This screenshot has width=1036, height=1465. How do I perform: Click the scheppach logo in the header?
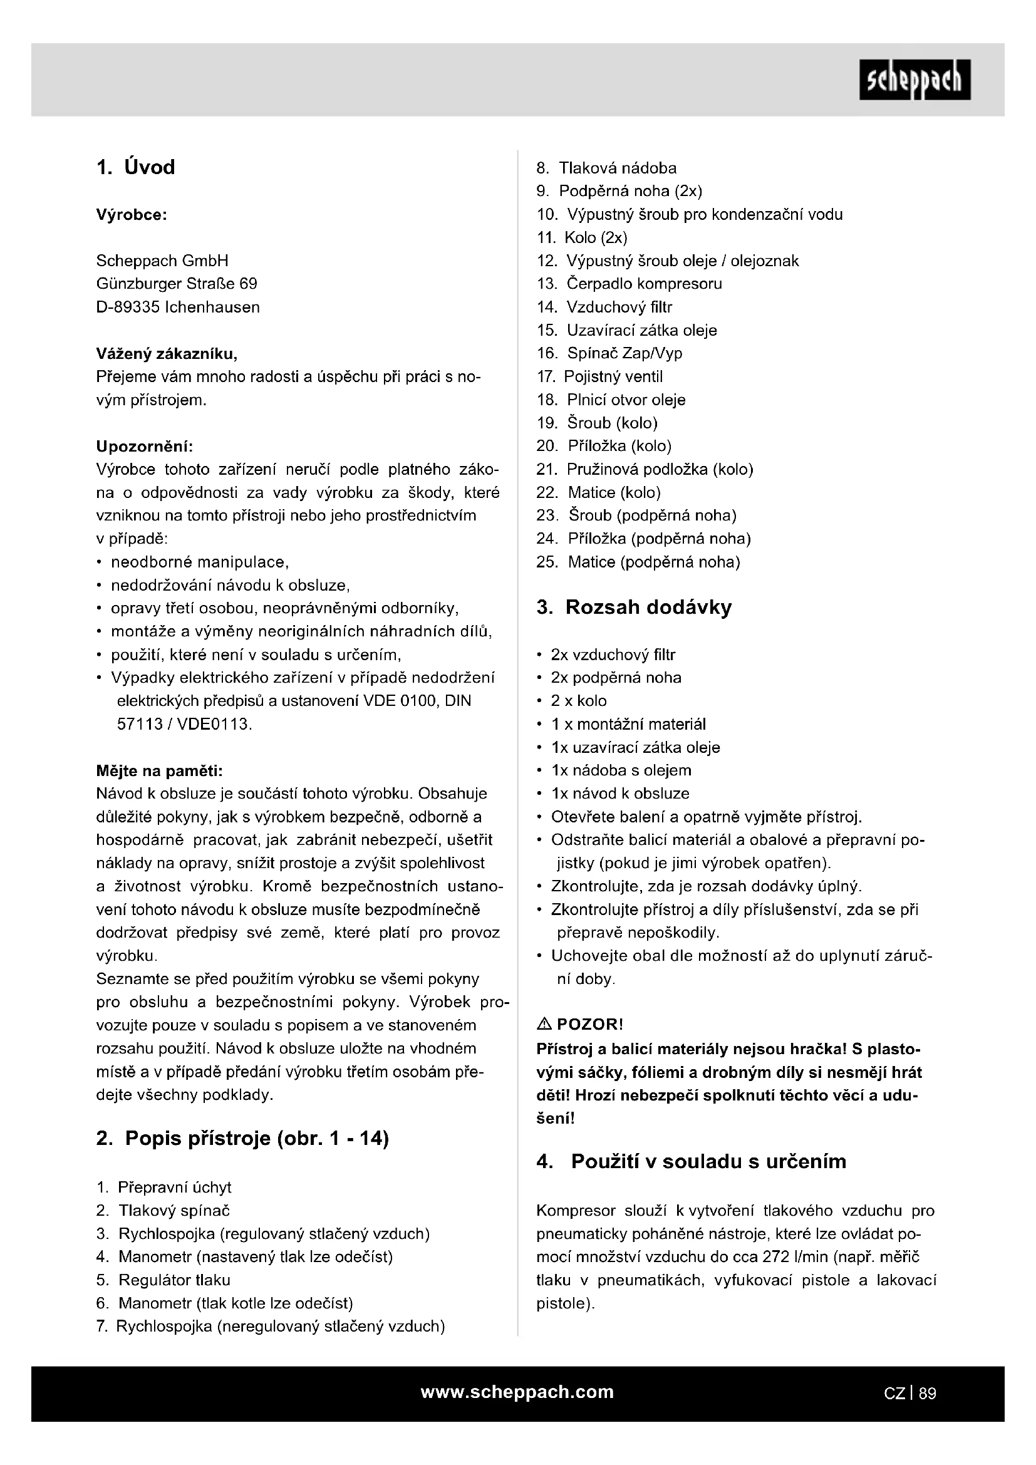914,80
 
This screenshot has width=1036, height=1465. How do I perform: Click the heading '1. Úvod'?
135,167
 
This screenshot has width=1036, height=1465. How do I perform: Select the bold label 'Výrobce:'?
132,215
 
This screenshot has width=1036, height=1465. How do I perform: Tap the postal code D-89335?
128,308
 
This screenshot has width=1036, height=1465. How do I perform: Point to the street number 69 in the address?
248,284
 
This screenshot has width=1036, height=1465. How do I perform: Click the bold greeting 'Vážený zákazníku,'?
167,353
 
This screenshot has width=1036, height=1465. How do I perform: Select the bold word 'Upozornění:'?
144,446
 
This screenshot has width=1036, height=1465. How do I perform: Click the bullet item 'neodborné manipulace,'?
200,562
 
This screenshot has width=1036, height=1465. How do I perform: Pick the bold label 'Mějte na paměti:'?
159,771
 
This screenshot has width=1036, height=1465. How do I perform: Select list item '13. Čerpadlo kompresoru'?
629,284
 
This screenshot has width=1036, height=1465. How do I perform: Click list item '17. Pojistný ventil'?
599,376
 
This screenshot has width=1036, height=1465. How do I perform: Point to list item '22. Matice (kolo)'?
598,492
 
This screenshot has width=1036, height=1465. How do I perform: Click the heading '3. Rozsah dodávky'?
634,607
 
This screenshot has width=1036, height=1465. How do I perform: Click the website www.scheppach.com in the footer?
517,1392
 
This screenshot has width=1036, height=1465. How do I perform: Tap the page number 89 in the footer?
928,1394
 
